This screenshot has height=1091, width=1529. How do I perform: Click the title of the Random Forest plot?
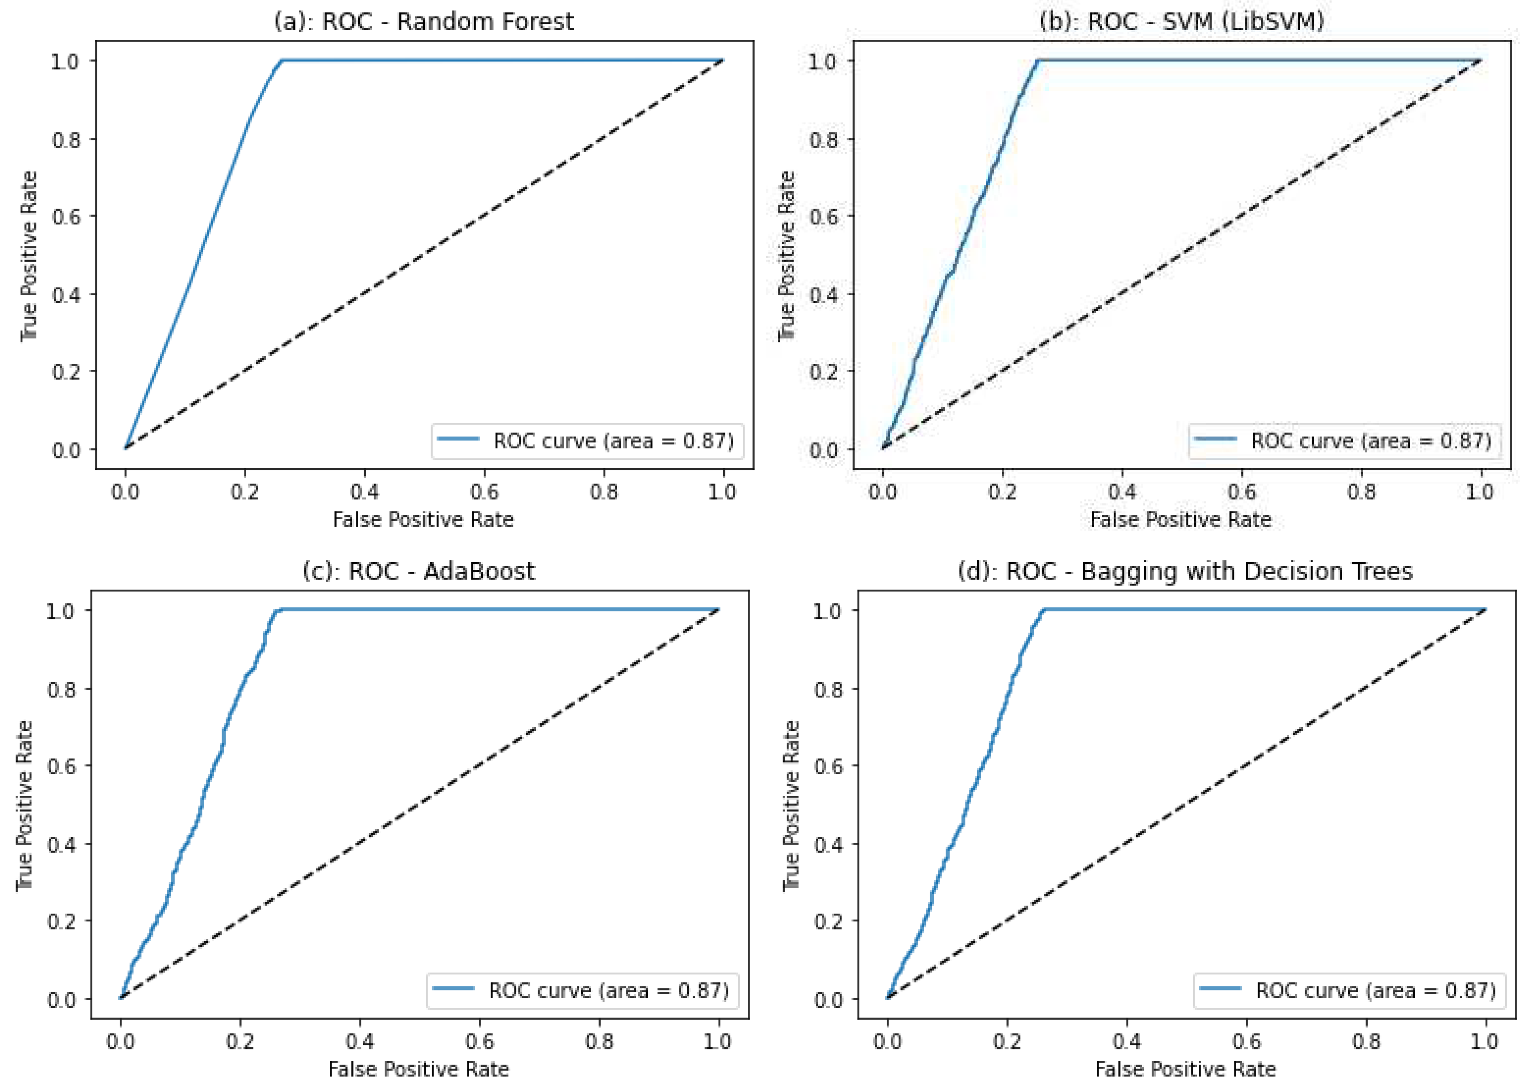[424, 21]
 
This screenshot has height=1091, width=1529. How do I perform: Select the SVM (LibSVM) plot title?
[1181, 21]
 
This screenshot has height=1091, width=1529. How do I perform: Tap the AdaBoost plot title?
[418, 571]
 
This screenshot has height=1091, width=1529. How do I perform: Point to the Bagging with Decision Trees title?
[1185, 571]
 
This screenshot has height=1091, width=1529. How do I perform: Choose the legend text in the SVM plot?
[1370, 441]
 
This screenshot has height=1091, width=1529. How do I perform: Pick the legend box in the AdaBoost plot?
[582, 990]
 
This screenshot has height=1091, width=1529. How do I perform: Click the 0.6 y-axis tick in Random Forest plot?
[66, 216]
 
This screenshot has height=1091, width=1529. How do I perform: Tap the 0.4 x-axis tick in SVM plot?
[1122, 492]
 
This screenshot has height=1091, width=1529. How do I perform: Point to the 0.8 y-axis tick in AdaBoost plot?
[61, 689]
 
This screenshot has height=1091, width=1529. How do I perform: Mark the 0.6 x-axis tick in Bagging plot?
[1246, 1041]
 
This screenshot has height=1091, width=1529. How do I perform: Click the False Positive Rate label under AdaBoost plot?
[418, 1069]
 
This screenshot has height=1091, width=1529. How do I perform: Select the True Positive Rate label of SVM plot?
[786, 255]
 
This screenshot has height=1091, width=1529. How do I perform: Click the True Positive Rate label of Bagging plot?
[791, 805]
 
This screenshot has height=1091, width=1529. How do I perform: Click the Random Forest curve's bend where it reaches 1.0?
[281, 61]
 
